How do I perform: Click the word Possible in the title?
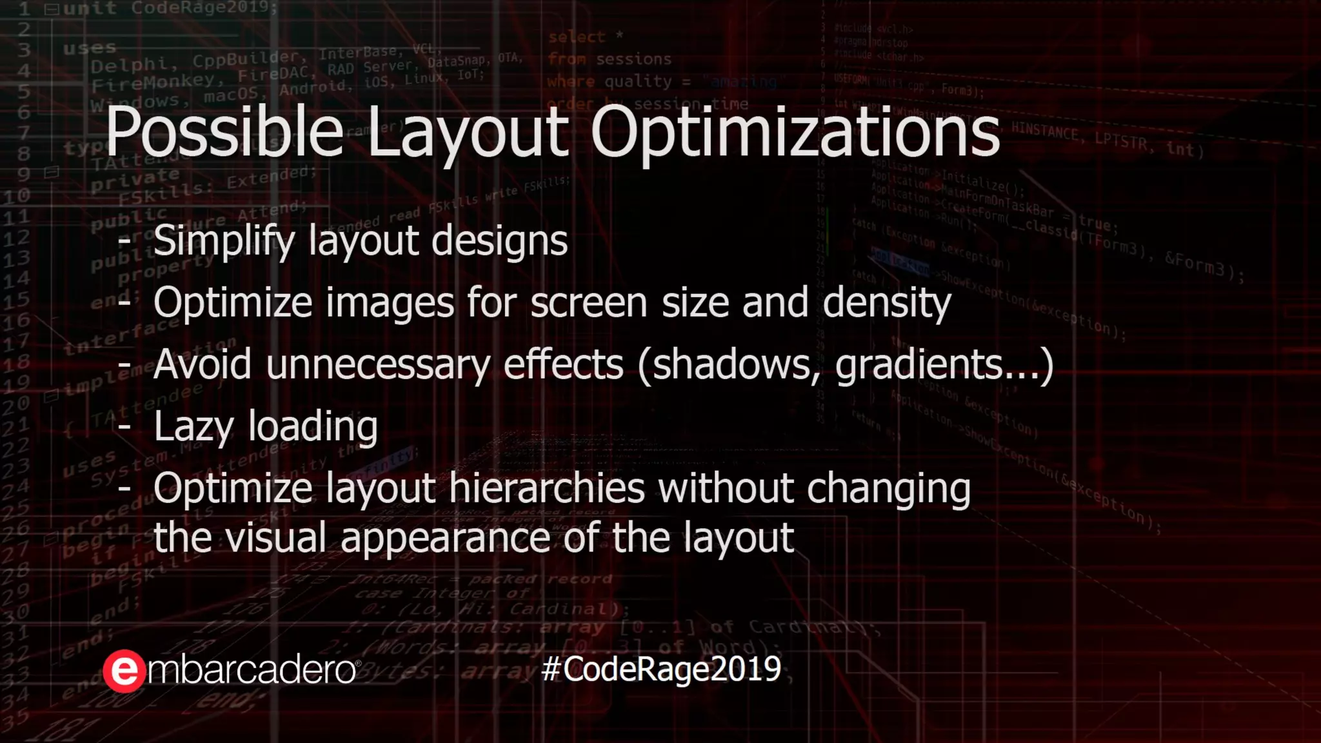click(224, 132)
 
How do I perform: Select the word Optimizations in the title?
click(795, 132)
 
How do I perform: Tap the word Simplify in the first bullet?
click(224, 242)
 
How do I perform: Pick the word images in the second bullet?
click(390, 303)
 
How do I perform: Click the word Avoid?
click(203, 364)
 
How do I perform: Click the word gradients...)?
click(944, 364)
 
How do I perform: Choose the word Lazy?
click(194, 427)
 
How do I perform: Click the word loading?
click(313, 427)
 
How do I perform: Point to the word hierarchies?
click(547, 488)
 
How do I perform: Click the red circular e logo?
click(124, 671)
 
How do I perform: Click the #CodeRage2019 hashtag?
click(661, 669)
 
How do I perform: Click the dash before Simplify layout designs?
click(124, 241)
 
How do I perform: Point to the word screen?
click(588, 303)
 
